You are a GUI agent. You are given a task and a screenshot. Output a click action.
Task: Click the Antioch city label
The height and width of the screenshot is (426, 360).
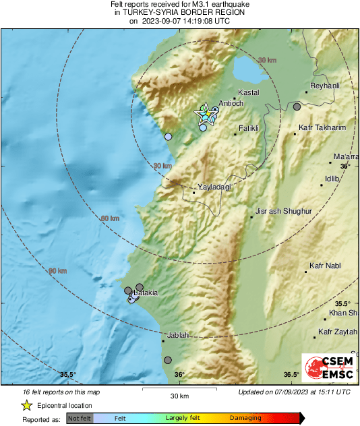pyautogui.click(x=231, y=103)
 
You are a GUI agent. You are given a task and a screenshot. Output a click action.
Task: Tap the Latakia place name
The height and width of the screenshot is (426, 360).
pyautogui.click(x=146, y=293)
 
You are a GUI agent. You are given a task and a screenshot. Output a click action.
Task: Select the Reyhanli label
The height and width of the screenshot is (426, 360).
pyautogui.click(x=324, y=86)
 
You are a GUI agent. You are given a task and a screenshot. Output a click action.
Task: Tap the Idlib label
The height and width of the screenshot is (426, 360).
pyautogui.click(x=330, y=179)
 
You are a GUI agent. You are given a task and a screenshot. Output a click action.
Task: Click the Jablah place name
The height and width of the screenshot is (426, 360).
pyautogui.click(x=177, y=335)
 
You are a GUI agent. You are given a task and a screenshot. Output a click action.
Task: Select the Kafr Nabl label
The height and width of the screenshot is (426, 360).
pyautogui.click(x=325, y=266)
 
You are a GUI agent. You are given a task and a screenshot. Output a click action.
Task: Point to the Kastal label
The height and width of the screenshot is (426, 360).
pyautogui.click(x=249, y=92)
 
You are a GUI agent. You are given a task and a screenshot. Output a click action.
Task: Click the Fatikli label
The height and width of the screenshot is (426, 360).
pyautogui.click(x=249, y=128)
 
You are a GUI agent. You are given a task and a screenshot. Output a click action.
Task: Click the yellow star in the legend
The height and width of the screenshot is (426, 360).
pyautogui.click(x=27, y=405)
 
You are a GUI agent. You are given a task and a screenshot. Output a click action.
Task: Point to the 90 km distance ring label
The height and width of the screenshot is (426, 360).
pyautogui.click(x=57, y=271)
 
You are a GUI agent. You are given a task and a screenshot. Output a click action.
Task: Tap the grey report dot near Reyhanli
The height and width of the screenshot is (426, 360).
pyautogui.click(x=297, y=106)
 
